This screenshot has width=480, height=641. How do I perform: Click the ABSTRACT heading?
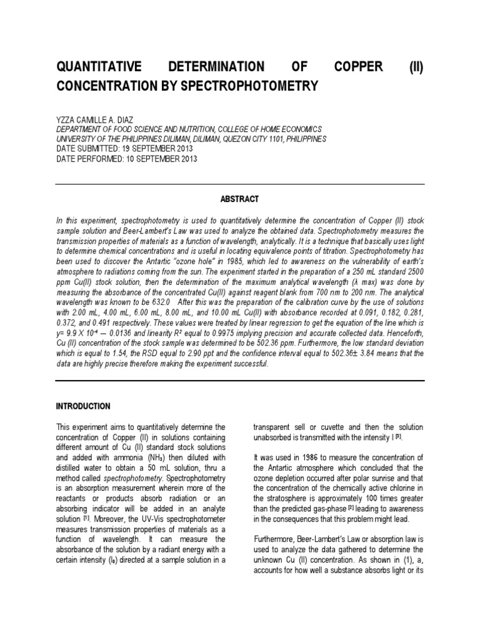coord(240,199)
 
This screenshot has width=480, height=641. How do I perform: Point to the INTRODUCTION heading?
coord(83,406)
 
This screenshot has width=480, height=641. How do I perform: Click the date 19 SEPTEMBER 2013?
coord(151,149)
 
